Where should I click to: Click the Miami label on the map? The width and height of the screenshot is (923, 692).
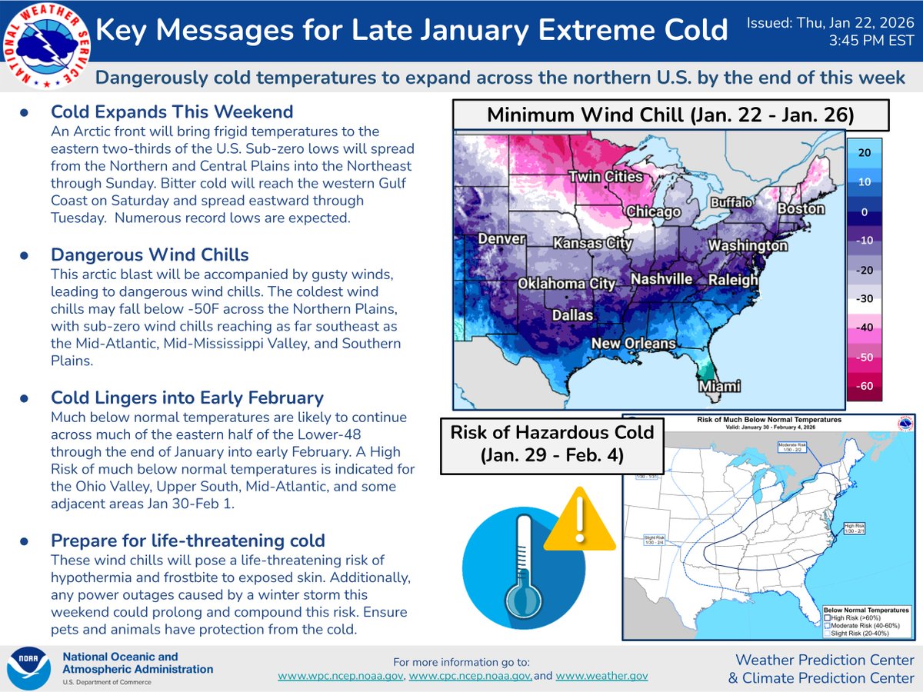(719, 386)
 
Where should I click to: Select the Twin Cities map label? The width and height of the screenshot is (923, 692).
(605, 178)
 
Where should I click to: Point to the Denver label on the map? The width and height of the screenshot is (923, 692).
(501, 239)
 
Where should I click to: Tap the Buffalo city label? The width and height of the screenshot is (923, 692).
(730, 203)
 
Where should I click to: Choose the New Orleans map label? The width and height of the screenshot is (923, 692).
(634, 344)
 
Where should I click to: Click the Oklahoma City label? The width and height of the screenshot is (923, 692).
(566, 284)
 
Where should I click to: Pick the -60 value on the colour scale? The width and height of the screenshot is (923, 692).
(865, 386)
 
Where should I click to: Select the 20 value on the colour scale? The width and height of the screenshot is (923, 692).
(865, 153)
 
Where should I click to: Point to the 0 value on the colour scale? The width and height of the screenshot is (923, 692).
(865, 211)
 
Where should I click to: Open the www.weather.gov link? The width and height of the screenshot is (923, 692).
(601, 677)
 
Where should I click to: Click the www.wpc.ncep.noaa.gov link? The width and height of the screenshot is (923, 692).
(341, 677)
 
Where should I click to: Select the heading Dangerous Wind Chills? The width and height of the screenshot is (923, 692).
(149, 255)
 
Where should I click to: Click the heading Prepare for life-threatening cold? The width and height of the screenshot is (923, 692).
(188, 541)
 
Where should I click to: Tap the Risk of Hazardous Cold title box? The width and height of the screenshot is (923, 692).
(552, 444)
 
